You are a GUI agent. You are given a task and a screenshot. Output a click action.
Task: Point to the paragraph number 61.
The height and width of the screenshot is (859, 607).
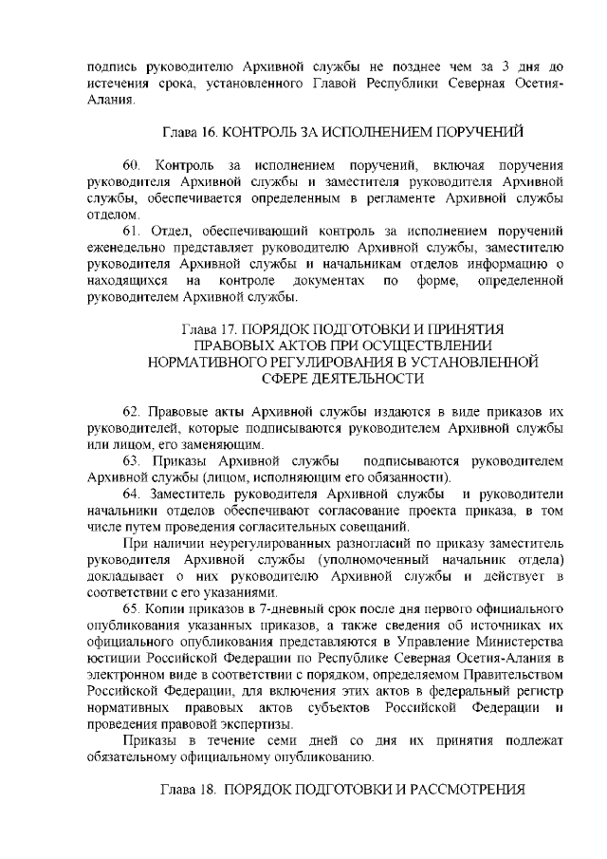133,229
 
